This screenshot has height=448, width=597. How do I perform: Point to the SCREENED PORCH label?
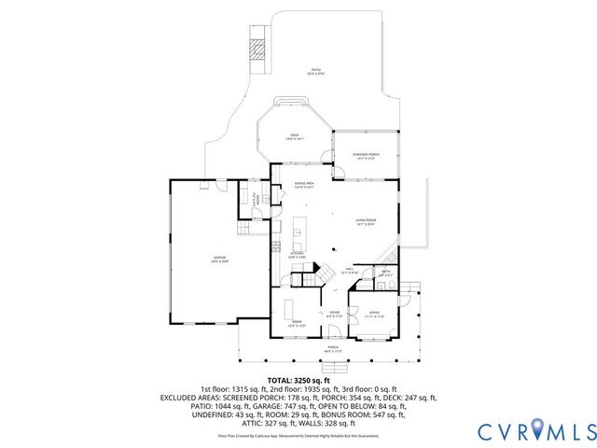tap(366, 156)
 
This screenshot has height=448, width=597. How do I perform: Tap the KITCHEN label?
tap(297, 254)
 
